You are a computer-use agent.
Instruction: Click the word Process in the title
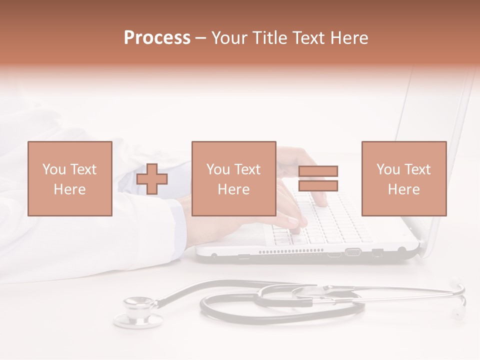[157, 38]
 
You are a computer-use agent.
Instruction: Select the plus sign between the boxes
[152, 179]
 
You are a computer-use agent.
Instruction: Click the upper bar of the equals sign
[318, 171]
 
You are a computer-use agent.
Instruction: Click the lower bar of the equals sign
[318, 185]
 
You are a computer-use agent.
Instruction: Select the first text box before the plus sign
[69, 179]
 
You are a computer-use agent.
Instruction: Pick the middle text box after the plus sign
[233, 179]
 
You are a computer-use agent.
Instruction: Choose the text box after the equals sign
[403, 179]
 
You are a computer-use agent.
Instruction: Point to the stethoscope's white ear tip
[457, 314]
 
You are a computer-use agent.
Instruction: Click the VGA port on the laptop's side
[353, 251]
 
